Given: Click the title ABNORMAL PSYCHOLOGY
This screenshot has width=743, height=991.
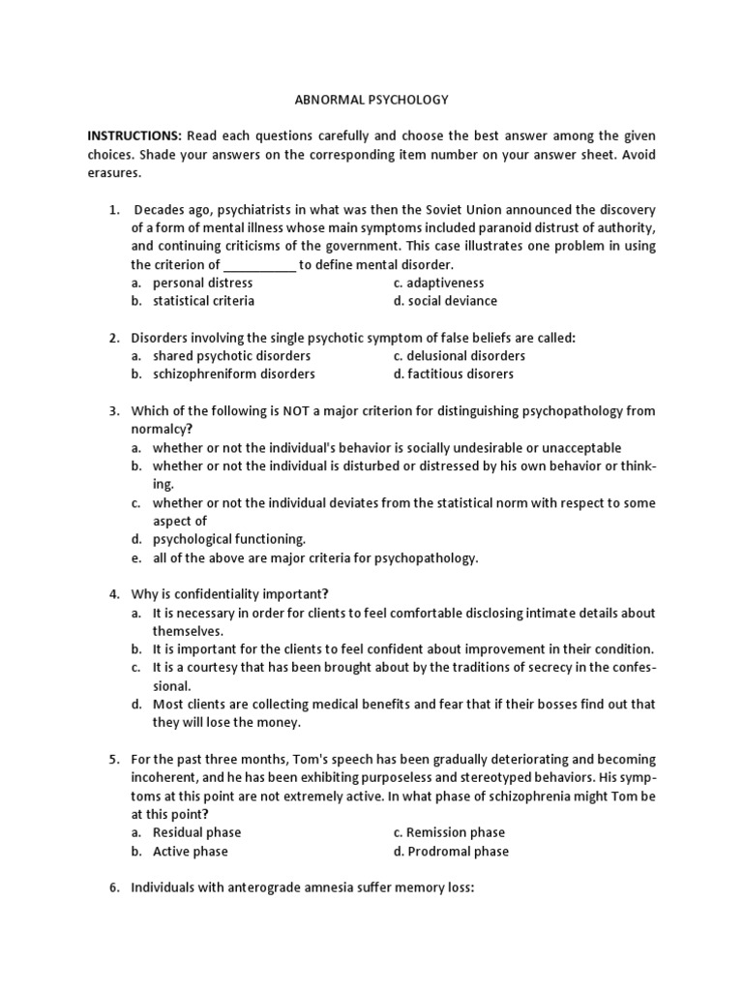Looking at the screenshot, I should click(x=371, y=100).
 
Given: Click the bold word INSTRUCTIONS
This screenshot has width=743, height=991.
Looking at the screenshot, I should click(x=134, y=136).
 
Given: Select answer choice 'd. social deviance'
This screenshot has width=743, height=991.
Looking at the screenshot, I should click(x=445, y=301).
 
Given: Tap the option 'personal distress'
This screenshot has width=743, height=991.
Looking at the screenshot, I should click(x=202, y=283).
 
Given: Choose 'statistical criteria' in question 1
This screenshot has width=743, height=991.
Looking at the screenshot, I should click(x=203, y=301).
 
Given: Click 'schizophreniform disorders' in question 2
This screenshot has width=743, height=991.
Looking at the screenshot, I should click(x=233, y=375).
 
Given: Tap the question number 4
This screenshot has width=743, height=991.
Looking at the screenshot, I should click(x=113, y=594).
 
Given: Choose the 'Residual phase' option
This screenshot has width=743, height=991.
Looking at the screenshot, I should click(x=196, y=833).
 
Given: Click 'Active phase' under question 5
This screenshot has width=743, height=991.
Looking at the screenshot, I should click(x=190, y=852).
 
